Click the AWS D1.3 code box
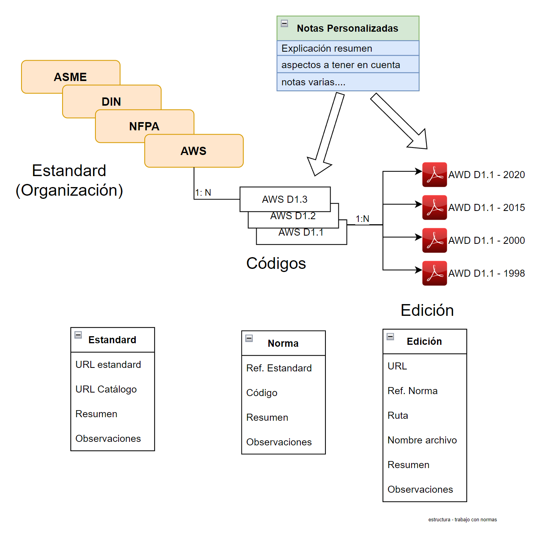(285, 199)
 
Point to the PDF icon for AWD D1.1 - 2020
(434, 175)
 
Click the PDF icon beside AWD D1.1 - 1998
(434, 273)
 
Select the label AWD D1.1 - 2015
(486, 207)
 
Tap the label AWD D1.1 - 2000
(486, 240)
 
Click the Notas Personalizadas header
(347, 28)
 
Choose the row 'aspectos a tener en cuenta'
(341, 65)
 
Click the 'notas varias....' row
(313, 82)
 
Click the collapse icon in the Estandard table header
(78, 335)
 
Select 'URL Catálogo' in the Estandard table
(106, 389)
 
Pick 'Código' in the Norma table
(262, 393)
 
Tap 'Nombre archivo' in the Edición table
(422, 440)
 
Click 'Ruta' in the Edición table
(398, 415)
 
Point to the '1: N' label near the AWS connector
(203, 193)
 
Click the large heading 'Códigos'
(276, 263)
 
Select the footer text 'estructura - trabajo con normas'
(462, 520)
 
